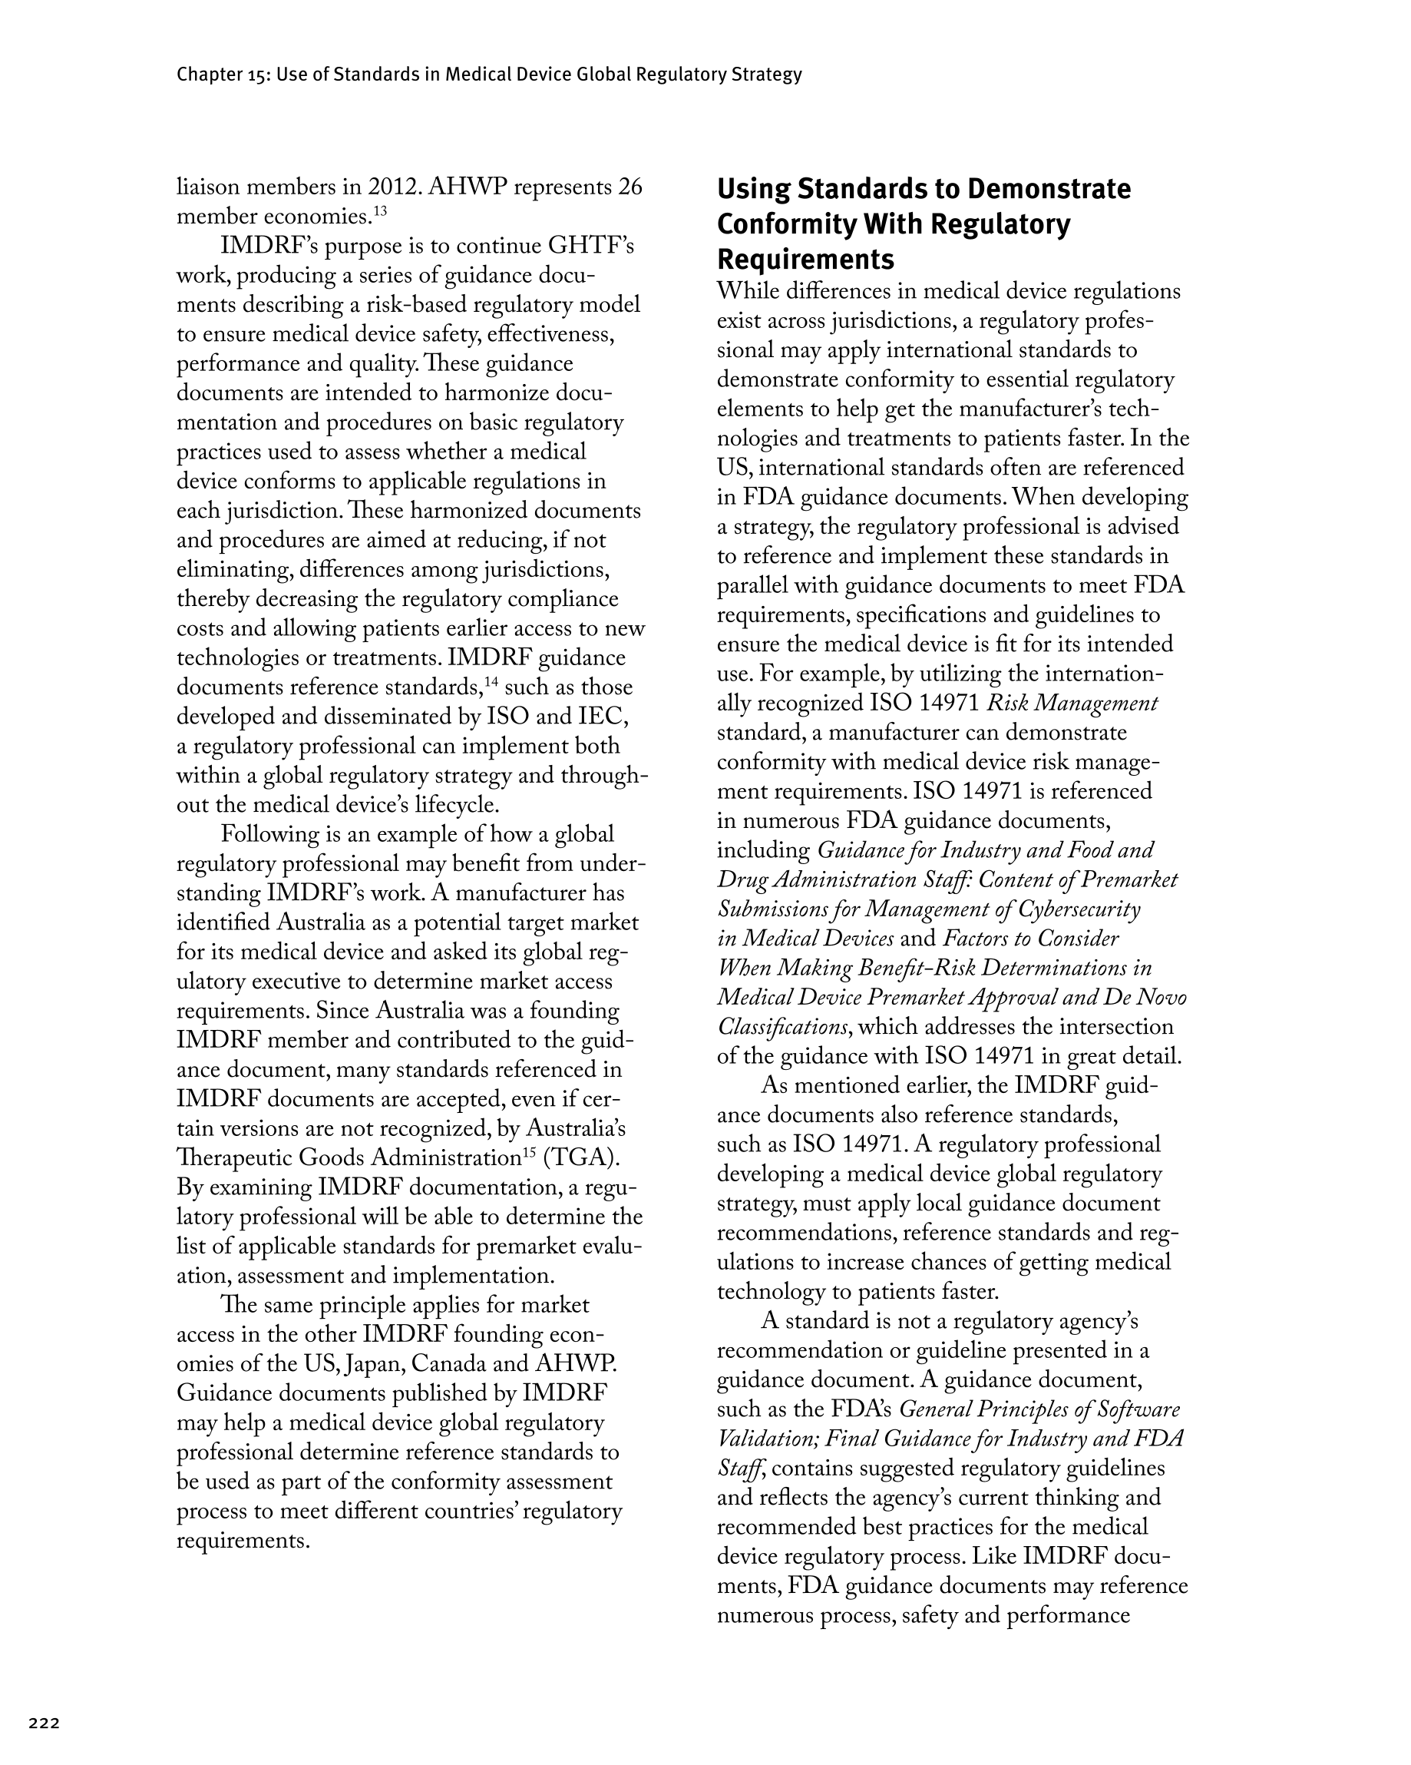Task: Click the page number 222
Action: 45,1723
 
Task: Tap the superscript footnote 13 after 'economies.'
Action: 381,211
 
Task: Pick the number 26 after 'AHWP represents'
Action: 630,187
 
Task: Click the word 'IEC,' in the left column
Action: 603,717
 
